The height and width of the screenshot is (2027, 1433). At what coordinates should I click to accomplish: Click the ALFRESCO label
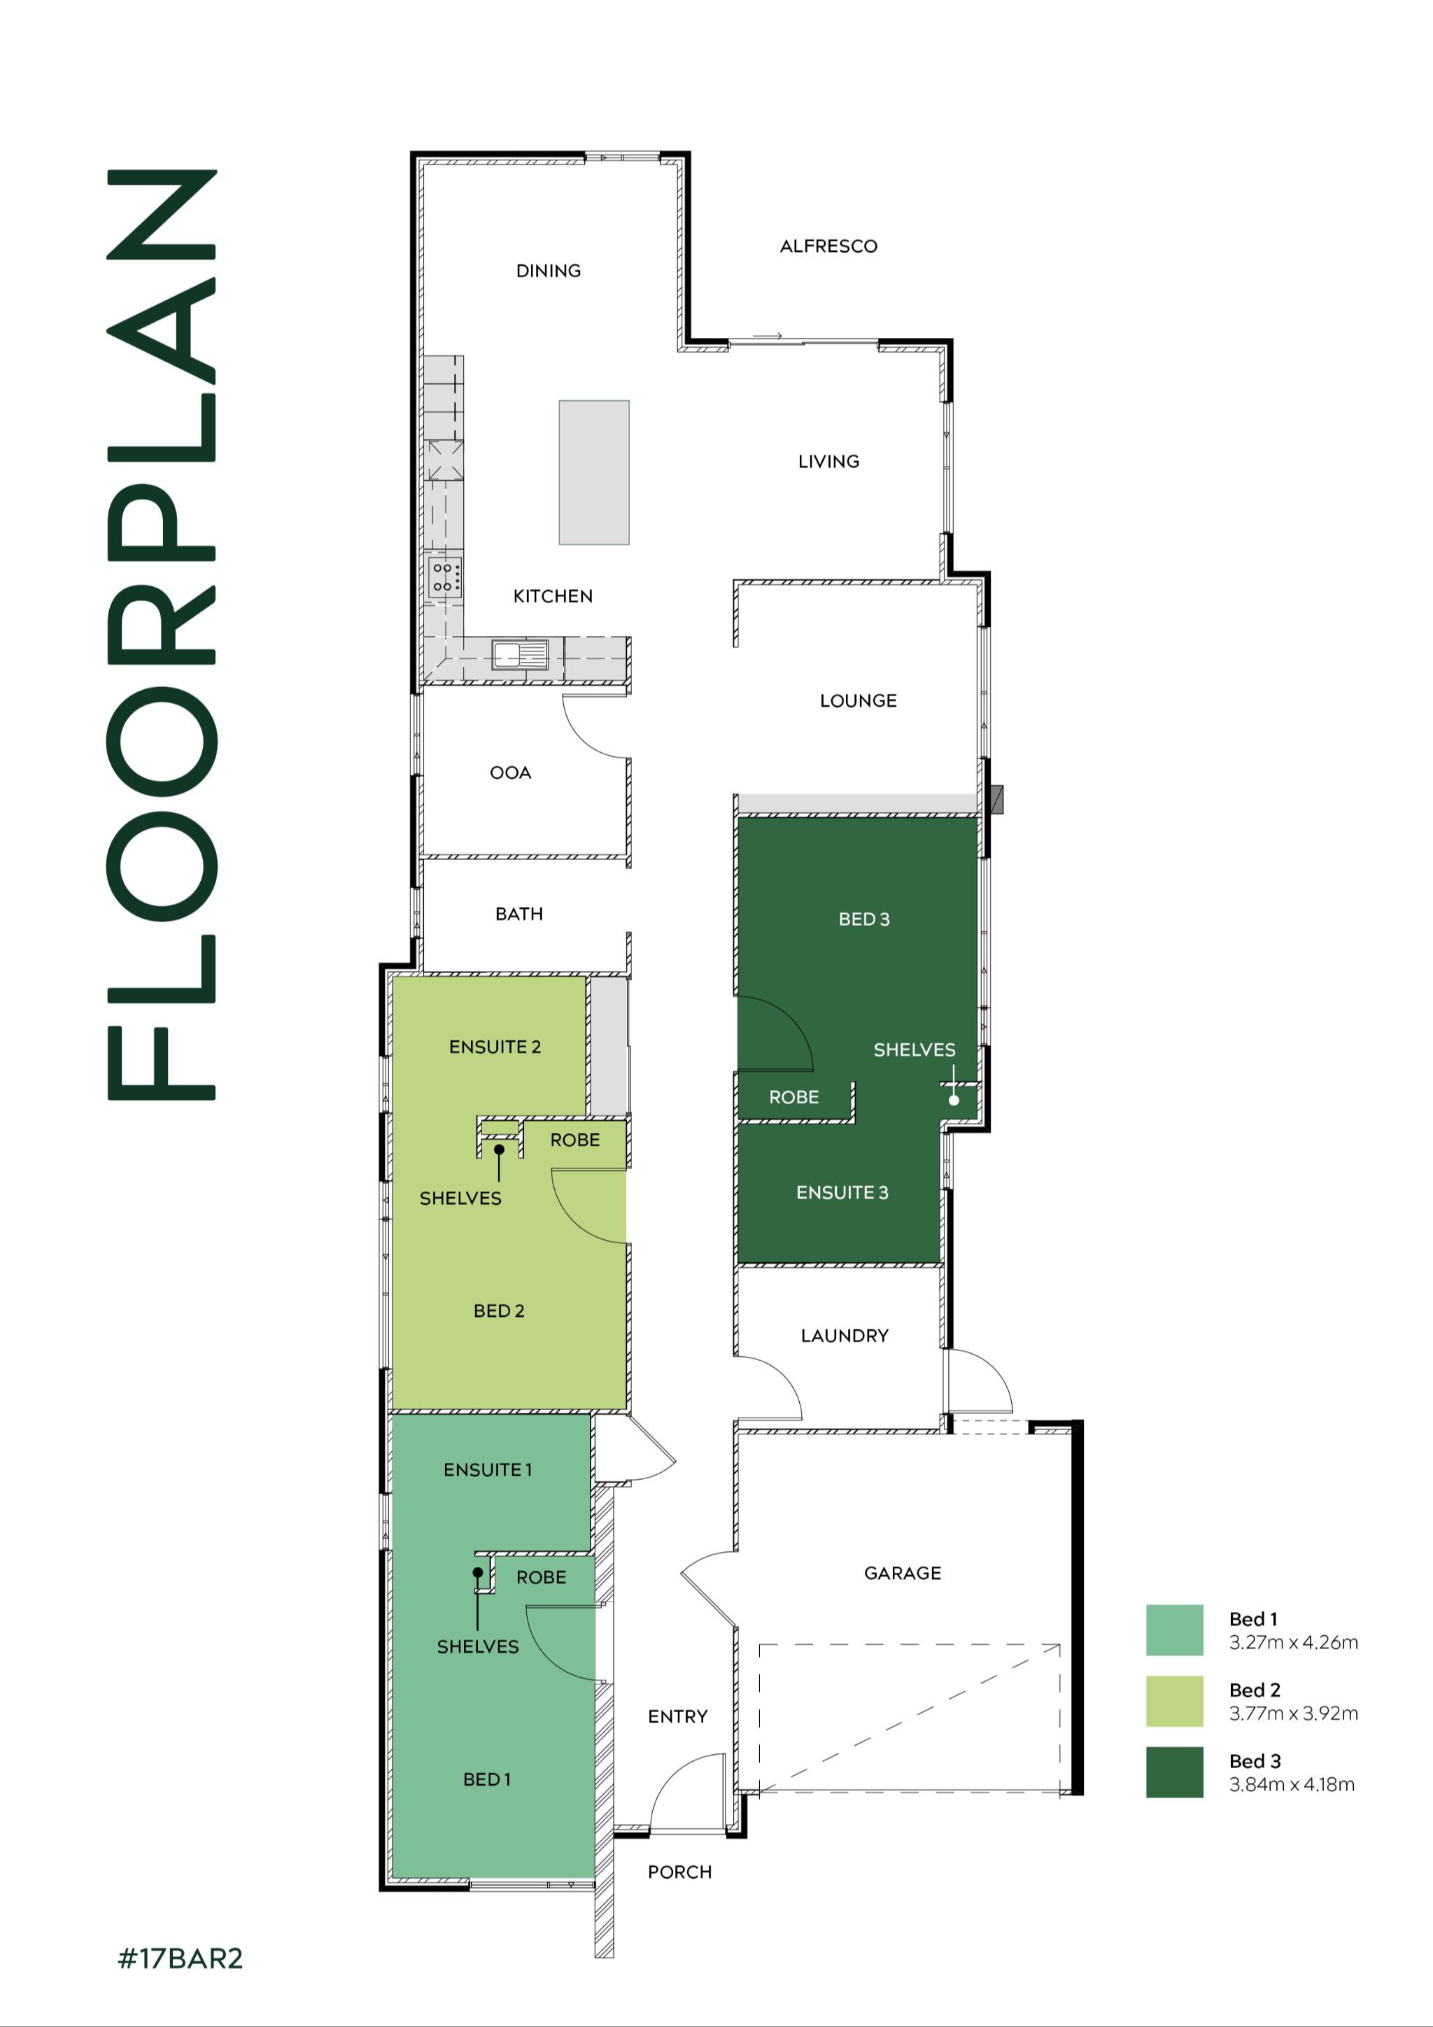tap(828, 246)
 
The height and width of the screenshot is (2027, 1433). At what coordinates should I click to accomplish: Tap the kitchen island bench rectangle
tap(593, 472)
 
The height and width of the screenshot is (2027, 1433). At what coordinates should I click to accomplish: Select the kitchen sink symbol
tap(520, 655)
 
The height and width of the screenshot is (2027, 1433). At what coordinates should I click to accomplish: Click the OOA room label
tap(510, 772)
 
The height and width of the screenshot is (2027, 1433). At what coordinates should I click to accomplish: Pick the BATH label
tap(518, 914)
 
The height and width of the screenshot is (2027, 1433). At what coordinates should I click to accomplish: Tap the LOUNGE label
tap(857, 701)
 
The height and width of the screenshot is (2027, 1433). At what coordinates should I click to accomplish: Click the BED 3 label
tap(863, 919)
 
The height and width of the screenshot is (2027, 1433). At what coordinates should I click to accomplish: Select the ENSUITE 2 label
tap(495, 1047)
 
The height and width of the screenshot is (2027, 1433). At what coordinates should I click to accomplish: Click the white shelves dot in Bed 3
tap(954, 1100)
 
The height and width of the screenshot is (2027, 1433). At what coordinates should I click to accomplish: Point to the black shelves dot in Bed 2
tap(499, 1150)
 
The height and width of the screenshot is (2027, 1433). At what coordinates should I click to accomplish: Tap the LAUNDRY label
tap(844, 1336)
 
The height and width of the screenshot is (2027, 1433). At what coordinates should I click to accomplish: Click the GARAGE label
tap(903, 1573)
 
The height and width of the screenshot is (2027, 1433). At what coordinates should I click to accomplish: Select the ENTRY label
tap(677, 1717)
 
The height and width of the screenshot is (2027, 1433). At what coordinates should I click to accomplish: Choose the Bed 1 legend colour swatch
tap(1174, 1630)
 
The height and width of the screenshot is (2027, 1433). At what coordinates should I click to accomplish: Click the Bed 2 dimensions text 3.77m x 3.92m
tap(1292, 1714)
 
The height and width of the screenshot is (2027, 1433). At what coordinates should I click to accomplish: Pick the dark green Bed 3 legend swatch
tap(1174, 1772)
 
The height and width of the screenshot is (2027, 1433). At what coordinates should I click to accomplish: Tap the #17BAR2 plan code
tap(180, 1959)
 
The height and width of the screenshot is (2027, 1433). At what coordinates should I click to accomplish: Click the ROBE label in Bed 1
tap(542, 1578)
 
